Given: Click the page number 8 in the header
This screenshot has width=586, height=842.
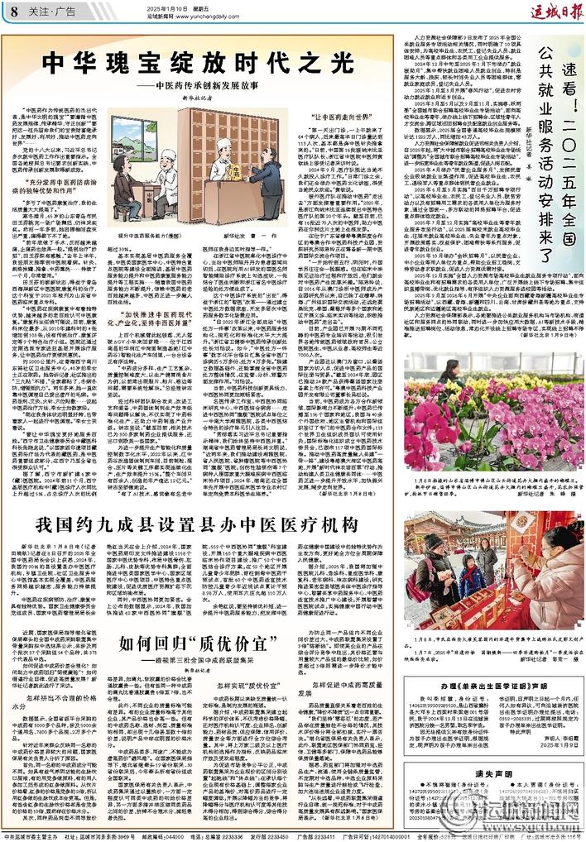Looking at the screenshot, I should pos(14,10).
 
